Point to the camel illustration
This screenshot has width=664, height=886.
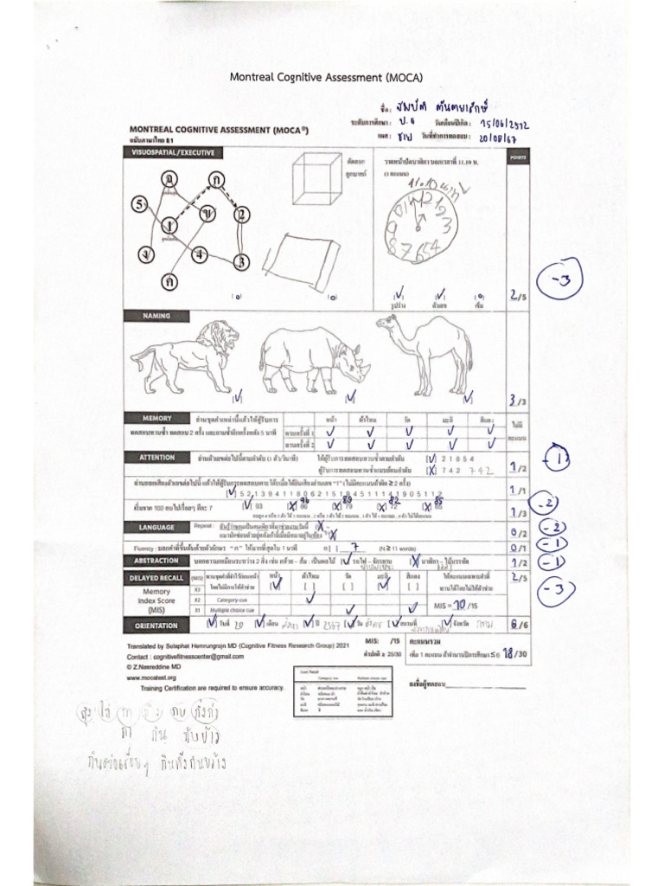pyautogui.click(x=428, y=350)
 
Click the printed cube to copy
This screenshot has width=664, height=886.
pyautogui.click(x=316, y=180)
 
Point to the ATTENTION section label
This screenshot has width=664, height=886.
pyautogui.click(x=151, y=456)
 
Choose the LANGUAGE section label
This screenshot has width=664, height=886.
pyautogui.click(x=151, y=526)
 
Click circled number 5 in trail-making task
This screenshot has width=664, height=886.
pyautogui.click(x=139, y=205)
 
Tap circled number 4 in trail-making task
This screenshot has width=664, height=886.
pyautogui.click(x=200, y=254)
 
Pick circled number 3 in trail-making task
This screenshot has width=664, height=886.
pyautogui.click(x=243, y=260)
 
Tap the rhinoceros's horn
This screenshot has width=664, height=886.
pyautogui.click(x=366, y=367)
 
